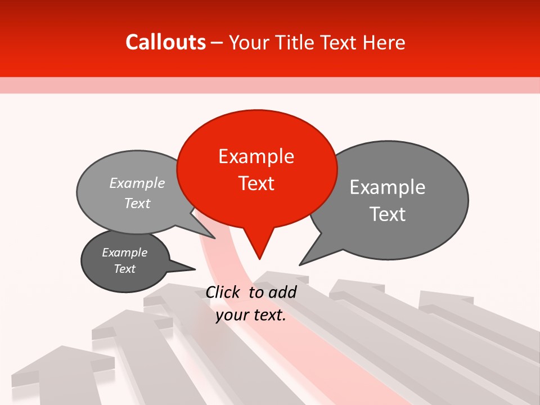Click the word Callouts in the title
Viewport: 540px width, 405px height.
165,42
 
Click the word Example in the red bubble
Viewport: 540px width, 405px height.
256,156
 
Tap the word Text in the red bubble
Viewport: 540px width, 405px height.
256,183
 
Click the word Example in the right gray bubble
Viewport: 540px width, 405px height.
388,187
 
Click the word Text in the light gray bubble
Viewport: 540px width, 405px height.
137,204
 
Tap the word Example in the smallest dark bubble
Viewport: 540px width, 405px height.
125,253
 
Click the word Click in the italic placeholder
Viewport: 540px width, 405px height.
224,292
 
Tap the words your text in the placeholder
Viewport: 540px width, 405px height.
251,316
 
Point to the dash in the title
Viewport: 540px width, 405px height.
218,43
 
